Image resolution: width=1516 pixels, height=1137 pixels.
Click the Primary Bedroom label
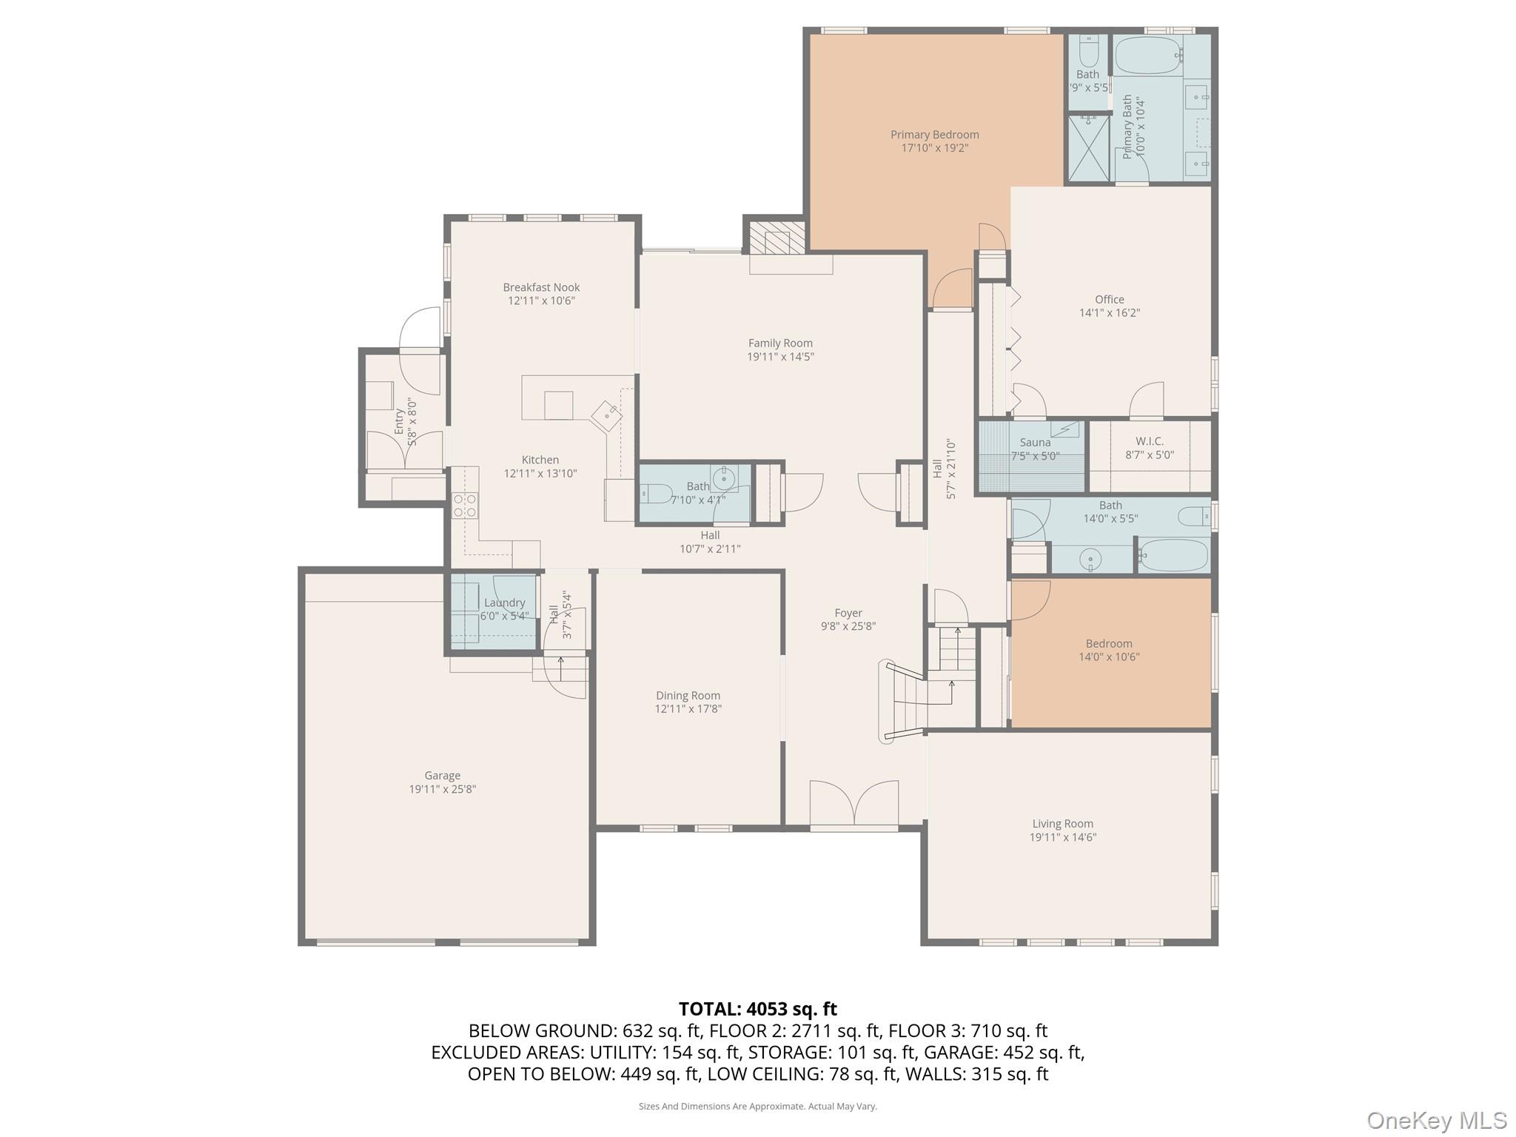(x=934, y=135)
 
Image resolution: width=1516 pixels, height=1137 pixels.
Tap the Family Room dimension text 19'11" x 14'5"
(x=780, y=357)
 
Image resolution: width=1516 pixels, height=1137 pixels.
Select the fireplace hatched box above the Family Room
(x=777, y=239)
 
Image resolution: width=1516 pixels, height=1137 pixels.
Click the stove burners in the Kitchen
(x=465, y=506)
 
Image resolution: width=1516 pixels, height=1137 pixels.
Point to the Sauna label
(x=1035, y=443)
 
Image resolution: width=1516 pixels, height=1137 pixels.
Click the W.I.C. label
(x=1150, y=441)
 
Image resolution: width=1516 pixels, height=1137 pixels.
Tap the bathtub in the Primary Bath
(x=1148, y=55)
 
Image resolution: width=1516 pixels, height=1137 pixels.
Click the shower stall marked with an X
(x=1088, y=148)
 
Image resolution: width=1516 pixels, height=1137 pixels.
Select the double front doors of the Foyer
(x=854, y=804)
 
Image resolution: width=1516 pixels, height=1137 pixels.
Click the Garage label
(x=442, y=776)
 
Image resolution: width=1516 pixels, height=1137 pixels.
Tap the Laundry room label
(x=504, y=603)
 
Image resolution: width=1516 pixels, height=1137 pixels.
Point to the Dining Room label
(x=688, y=696)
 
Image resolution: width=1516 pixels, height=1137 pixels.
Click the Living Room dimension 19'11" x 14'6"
(x=1062, y=837)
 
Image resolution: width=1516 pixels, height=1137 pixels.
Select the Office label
(x=1109, y=300)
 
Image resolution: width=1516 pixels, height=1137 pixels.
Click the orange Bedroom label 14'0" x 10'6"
(x=1108, y=644)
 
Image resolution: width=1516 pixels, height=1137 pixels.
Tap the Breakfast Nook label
(x=541, y=288)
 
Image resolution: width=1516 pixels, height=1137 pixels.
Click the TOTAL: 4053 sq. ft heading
(x=757, y=1009)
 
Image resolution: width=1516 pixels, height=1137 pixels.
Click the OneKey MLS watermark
(x=1436, y=1120)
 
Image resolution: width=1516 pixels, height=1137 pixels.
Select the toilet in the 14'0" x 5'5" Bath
(x=1193, y=515)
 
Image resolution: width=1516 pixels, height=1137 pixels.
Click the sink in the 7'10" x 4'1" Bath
(x=723, y=476)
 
